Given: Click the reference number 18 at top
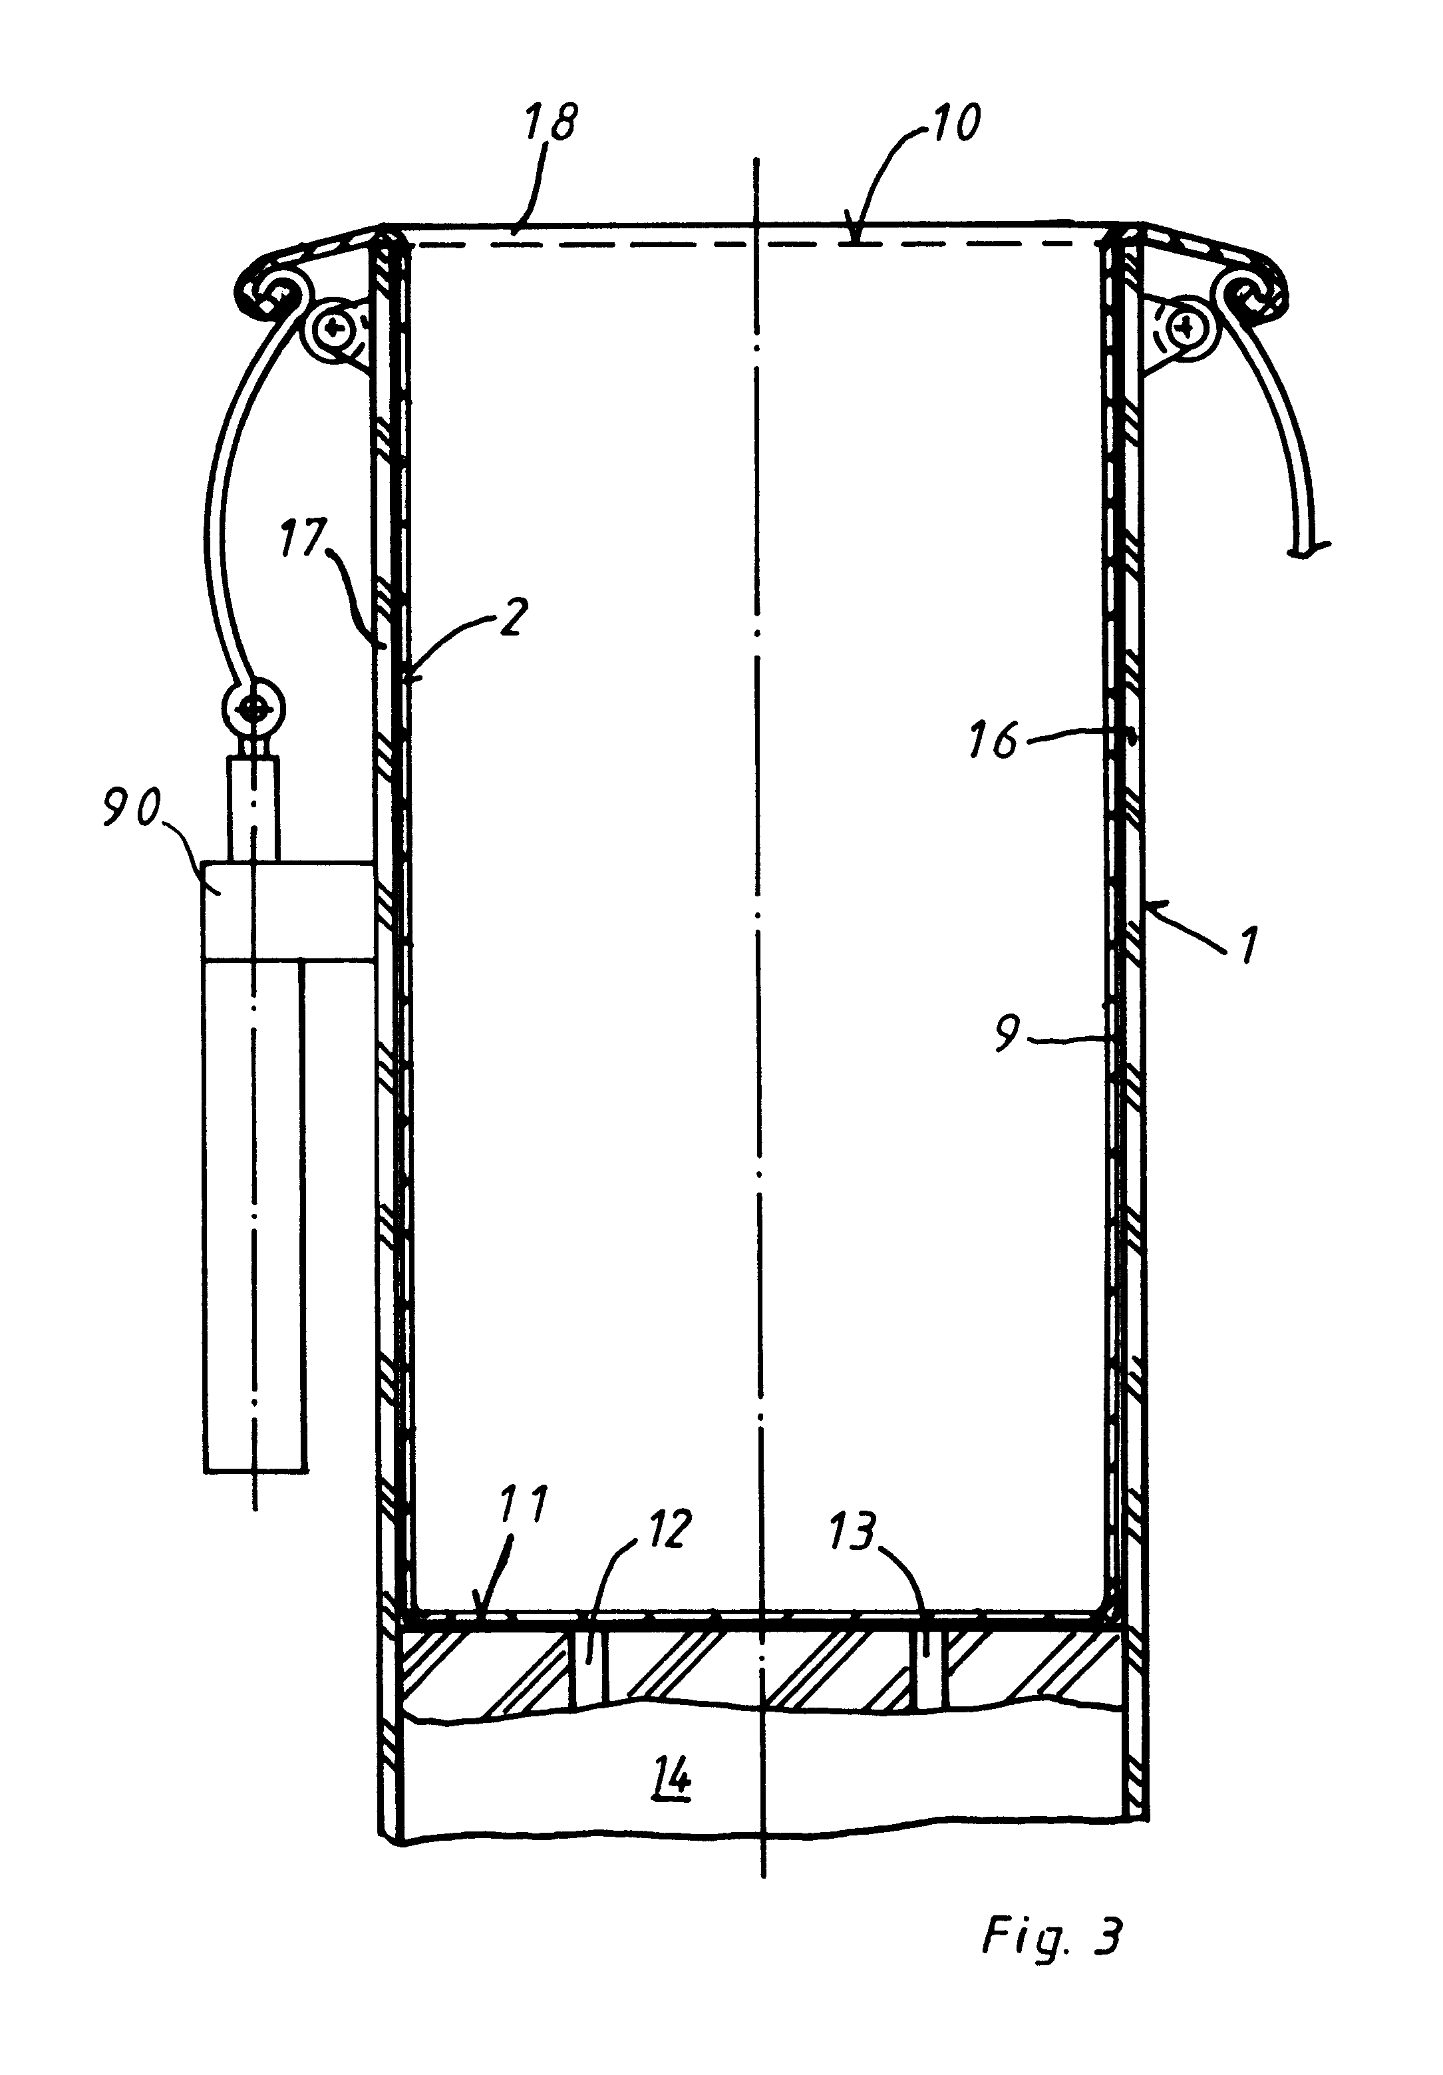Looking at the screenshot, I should [x=551, y=122].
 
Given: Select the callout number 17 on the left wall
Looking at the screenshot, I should [x=303, y=538].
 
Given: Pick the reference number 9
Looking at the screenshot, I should [x=1007, y=1033].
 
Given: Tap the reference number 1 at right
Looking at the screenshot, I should [x=1248, y=946].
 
